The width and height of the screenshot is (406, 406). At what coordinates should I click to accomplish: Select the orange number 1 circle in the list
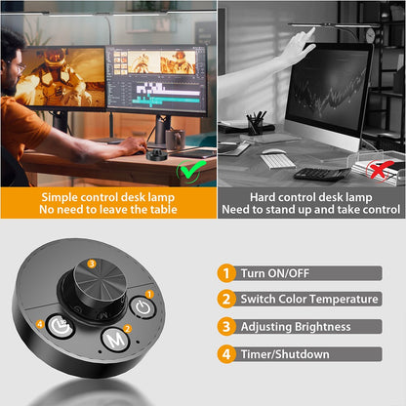tap(226, 273)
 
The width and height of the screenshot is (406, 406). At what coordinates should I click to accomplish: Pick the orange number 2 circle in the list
tap(226, 300)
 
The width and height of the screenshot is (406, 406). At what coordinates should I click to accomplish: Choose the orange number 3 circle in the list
tap(226, 326)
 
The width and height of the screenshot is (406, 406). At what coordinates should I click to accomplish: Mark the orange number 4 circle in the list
tap(226, 353)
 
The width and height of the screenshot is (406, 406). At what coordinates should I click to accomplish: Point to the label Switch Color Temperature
tap(309, 300)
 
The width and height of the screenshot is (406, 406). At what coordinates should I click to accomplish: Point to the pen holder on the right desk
tap(256, 124)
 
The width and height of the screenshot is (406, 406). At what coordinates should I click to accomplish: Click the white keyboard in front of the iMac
tap(278, 159)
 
